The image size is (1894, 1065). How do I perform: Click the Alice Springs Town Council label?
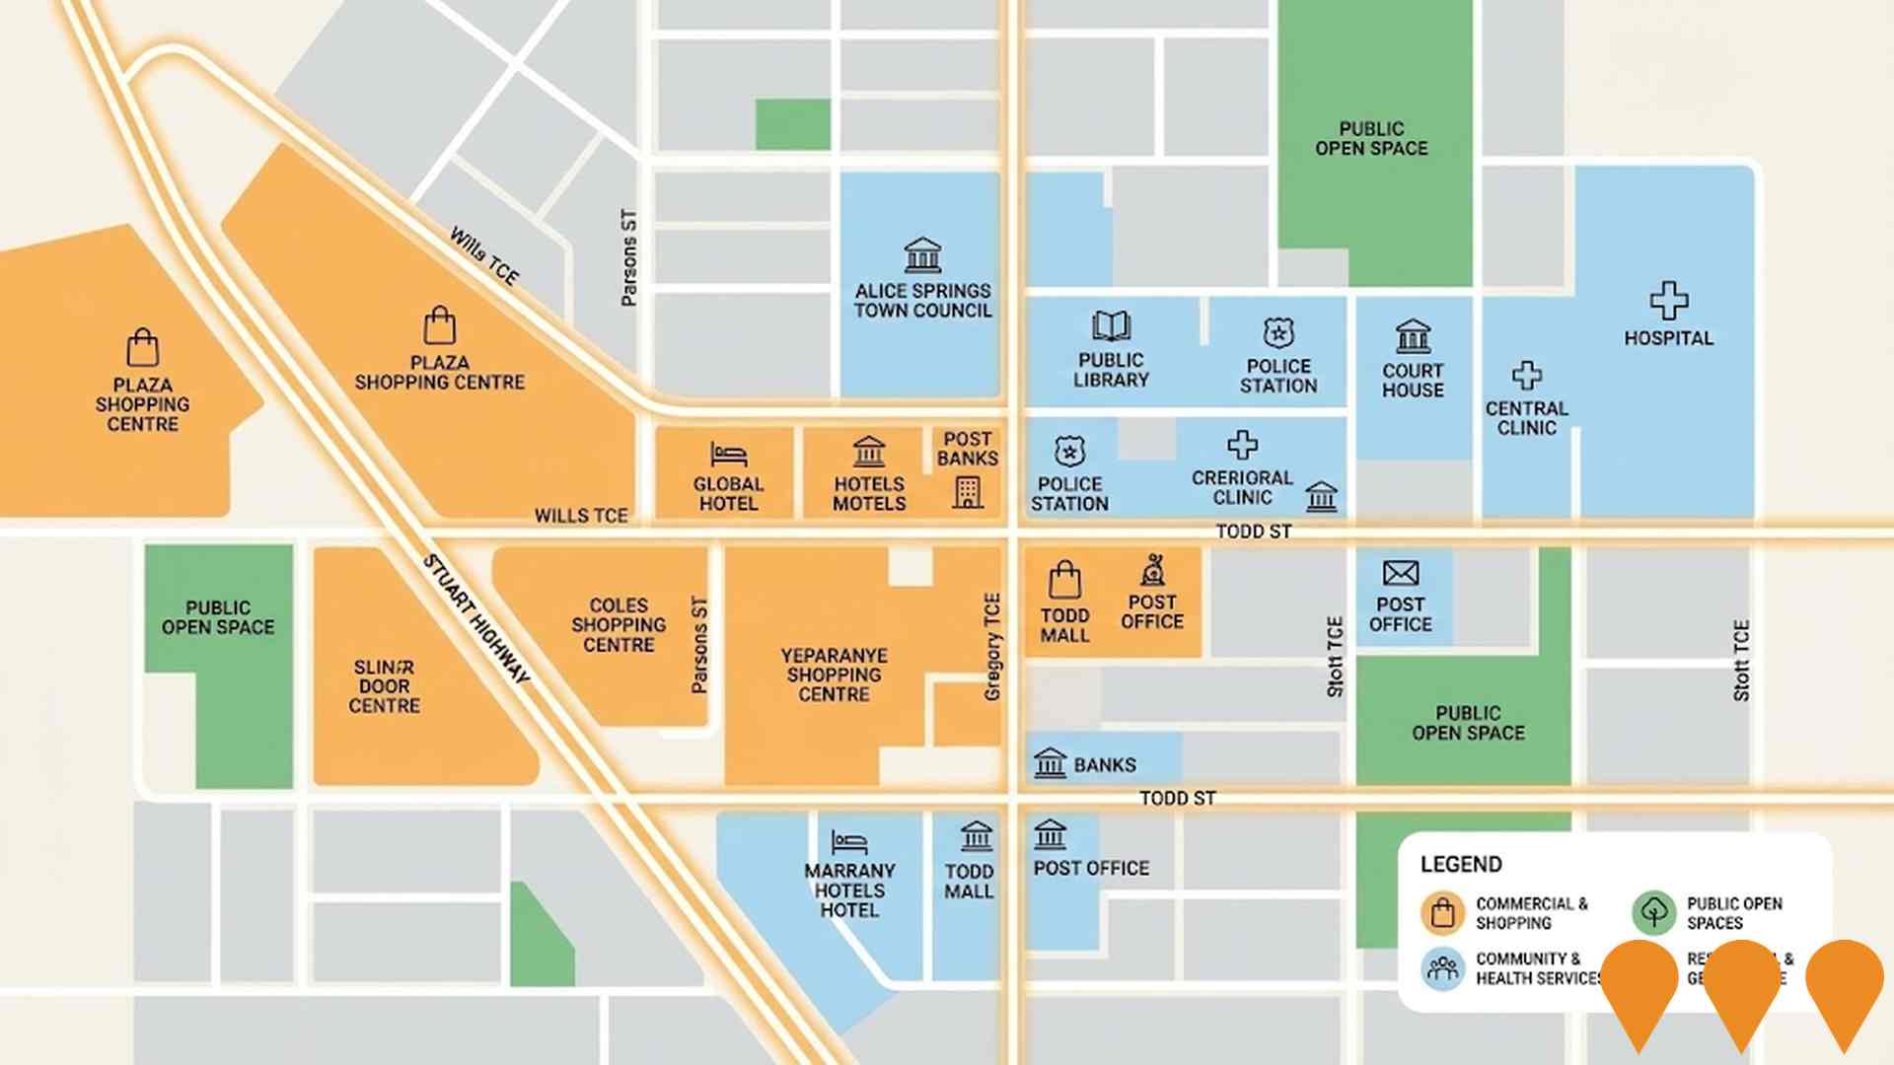pos(922,301)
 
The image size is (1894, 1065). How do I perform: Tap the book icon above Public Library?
pos(1111,326)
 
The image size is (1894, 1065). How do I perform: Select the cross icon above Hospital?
pos(1668,301)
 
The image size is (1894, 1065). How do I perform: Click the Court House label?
pos(1413,381)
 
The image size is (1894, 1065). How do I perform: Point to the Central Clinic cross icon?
pos(1526,376)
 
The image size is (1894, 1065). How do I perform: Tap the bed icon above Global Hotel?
pos(728,455)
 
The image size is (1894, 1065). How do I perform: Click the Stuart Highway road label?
pos(476,619)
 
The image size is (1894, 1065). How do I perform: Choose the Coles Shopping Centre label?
pos(619,625)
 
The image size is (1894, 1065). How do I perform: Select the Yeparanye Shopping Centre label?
pos(834,675)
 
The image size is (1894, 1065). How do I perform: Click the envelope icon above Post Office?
pos(1400,573)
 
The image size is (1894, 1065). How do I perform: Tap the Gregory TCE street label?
pos(992,647)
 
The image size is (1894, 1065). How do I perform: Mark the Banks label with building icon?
pos(1085,764)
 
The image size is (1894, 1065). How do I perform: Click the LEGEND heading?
pos(1461,865)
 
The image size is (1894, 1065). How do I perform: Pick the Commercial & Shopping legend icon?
pos(1442,913)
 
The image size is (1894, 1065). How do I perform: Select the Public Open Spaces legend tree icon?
pos(1653,913)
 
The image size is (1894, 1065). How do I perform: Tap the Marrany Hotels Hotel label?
pos(849,890)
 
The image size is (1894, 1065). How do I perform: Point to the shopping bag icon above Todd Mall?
pos(1064,580)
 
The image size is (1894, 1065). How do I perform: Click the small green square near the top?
pos(793,124)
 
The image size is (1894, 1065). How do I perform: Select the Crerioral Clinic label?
pos(1242,487)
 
